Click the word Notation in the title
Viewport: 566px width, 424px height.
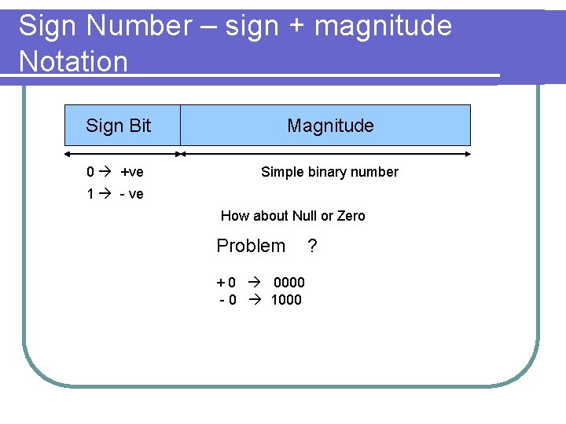click(x=73, y=61)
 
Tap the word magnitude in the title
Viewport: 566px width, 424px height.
click(x=383, y=26)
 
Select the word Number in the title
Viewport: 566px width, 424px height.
click(x=138, y=26)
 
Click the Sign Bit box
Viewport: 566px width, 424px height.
click(x=122, y=126)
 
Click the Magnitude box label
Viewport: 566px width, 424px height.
click(x=330, y=126)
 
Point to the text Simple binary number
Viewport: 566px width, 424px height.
click(x=329, y=172)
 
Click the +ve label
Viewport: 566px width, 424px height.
click(x=131, y=172)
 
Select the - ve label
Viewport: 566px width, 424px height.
click(x=131, y=194)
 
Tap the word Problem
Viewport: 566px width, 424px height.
click(x=251, y=246)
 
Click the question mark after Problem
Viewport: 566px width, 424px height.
click(x=312, y=247)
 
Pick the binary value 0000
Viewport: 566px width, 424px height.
click(x=289, y=283)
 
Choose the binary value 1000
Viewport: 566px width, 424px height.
click(x=286, y=300)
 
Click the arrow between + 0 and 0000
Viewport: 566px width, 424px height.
click(x=255, y=283)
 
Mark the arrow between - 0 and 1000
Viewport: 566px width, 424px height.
click(x=253, y=300)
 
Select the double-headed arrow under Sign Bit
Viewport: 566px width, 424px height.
click(x=122, y=154)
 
